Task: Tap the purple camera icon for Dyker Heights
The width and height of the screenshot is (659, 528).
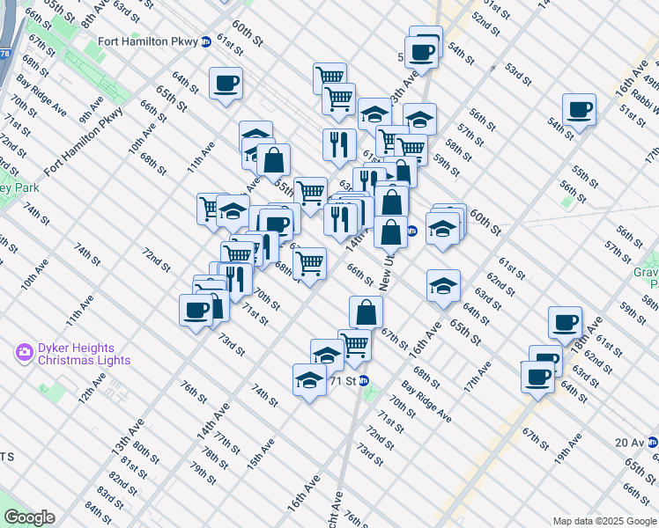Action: click(x=25, y=354)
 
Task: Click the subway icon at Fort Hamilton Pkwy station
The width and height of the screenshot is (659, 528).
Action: click(x=206, y=40)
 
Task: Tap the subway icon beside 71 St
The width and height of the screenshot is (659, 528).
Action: click(x=363, y=381)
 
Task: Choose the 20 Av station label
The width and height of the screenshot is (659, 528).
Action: click(x=629, y=443)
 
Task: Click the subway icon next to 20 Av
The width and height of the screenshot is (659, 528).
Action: click(x=652, y=443)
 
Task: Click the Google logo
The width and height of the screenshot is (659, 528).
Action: click(x=30, y=517)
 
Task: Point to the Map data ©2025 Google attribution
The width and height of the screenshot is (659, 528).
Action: click(x=603, y=520)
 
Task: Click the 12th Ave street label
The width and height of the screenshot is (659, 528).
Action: click(x=90, y=387)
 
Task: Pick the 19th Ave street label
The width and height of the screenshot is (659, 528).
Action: click(x=568, y=447)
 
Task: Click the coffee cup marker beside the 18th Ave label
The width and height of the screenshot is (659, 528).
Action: click(x=565, y=323)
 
